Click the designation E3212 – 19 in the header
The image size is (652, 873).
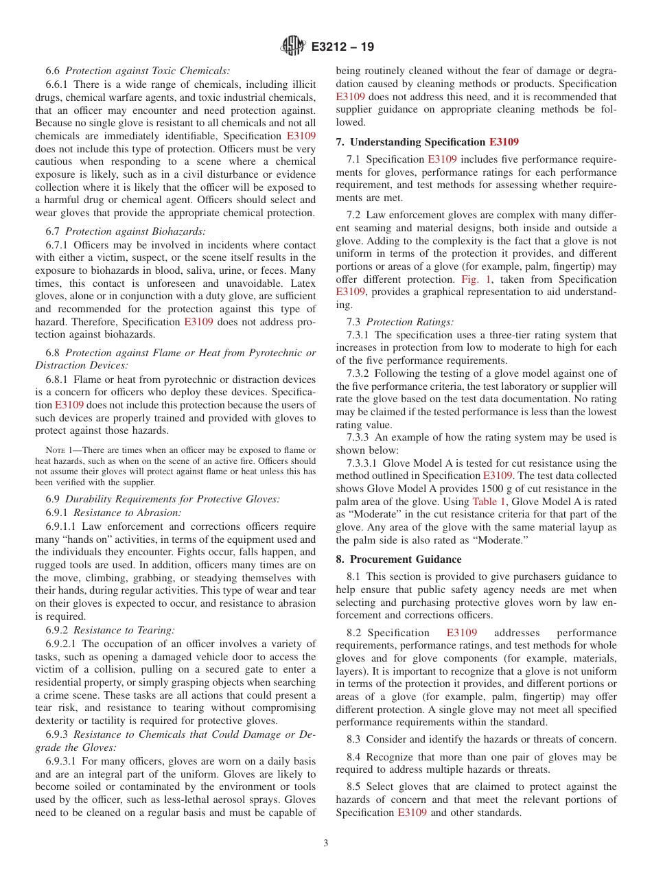pyautogui.click(x=342, y=47)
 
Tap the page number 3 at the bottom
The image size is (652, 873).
pyautogui.click(x=326, y=843)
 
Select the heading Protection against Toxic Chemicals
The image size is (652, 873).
pyautogui.click(x=148, y=71)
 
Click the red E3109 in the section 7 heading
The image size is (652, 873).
pyautogui.click(x=504, y=142)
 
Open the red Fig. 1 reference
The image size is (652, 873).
pyautogui.click(x=472, y=279)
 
